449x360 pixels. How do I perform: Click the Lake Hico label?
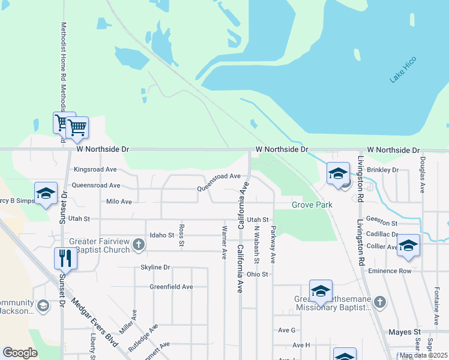403,70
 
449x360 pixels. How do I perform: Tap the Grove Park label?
312,205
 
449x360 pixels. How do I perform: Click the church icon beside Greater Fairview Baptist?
139,244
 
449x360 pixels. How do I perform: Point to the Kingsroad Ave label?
95,170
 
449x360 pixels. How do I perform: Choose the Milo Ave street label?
118,202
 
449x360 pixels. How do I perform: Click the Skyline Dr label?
155,267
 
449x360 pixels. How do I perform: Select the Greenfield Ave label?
171,287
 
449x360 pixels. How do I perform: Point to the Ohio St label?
256,274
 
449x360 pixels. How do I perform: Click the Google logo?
20,353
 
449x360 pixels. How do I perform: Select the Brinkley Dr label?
382,170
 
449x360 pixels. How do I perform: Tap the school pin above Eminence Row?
408,245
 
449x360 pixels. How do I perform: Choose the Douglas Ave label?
423,175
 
